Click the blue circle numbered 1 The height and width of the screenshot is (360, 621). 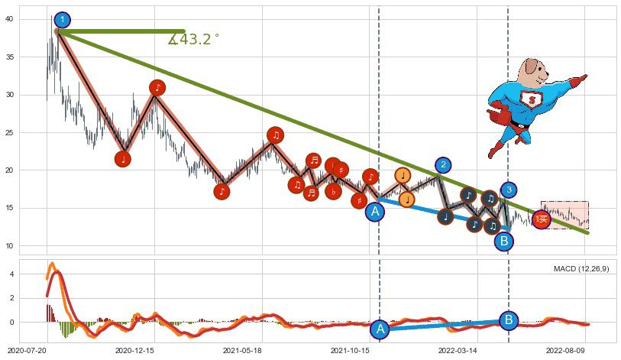[x=63, y=20]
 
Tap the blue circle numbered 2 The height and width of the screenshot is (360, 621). [x=443, y=164]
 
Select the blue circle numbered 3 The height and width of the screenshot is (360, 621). [x=509, y=190]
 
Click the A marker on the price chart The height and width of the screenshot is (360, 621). [x=374, y=212]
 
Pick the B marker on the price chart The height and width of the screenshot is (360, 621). [x=503, y=242]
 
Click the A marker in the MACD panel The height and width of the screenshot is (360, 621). [x=380, y=329]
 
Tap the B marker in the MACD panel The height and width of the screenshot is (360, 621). [x=509, y=320]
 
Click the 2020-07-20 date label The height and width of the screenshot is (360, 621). [x=27, y=350]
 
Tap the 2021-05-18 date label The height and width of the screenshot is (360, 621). [x=242, y=350]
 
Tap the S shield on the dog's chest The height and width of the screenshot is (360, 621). [x=529, y=99]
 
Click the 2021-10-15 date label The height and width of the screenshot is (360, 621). [x=350, y=350]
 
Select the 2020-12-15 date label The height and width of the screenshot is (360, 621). [x=134, y=350]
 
